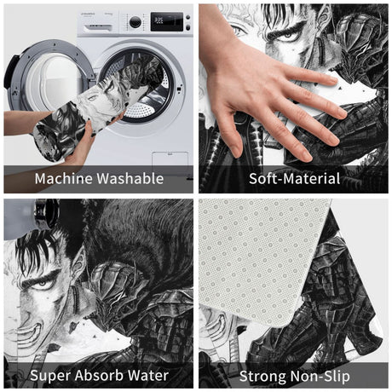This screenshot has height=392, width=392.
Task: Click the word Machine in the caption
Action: [64, 178]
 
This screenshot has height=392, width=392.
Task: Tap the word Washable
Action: [130, 178]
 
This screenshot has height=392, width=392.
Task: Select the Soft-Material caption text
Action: [295, 178]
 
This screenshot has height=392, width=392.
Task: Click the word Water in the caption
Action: [148, 375]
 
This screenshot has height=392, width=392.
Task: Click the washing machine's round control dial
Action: [135, 22]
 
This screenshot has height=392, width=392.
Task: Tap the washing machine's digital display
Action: [166, 21]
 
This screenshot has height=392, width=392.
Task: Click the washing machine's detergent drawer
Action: [98, 27]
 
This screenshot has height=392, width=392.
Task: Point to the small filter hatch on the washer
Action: [170, 163]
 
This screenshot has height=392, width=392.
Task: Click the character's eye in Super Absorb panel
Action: [41, 284]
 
